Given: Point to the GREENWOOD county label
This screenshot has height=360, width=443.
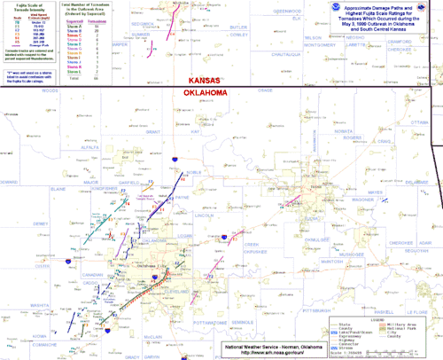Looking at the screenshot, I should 288,11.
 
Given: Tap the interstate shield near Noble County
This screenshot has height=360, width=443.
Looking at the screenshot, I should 177,160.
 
